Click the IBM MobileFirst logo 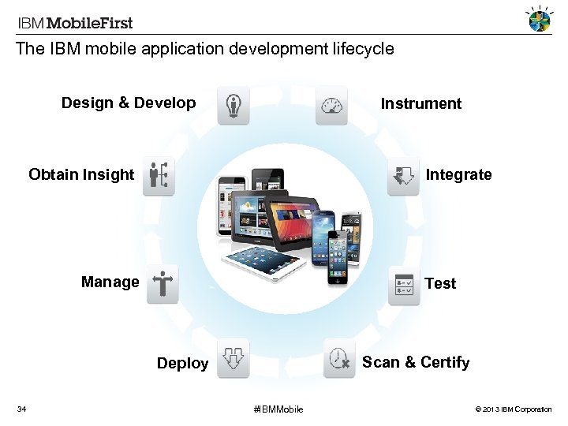click(76, 23)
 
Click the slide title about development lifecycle click(205, 49)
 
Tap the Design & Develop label click(129, 103)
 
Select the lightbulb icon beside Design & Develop click(234, 106)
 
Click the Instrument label click(420, 104)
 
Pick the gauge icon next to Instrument click(331, 106)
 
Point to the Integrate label click(458, 174)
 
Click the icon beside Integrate click(403, 175)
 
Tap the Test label click(440, 283)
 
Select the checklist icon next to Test click(404, 285)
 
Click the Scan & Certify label click(416, 362)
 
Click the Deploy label click(182, 364)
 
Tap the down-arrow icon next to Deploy click(233, 358)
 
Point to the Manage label click(110, 282)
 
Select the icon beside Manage click(163, 284)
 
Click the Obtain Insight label click(81, 174)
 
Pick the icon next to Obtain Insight click(159, 175)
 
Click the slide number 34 click(22, 409)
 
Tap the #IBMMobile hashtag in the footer click(278, 409)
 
